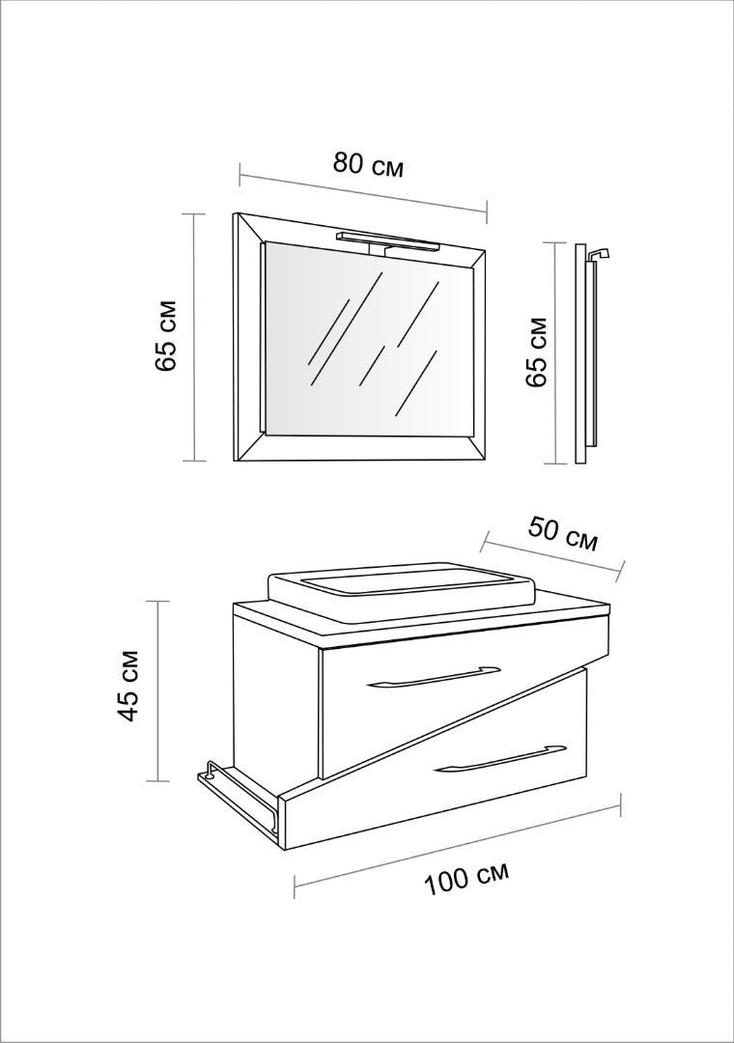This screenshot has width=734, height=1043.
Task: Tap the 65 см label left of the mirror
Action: pos(165,336)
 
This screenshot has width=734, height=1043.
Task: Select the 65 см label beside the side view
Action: pos(535,352)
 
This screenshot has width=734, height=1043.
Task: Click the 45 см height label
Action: pos(127,685)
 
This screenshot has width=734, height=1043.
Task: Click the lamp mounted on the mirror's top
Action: pos(389,242)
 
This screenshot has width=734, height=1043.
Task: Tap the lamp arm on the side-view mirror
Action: pos(599,253)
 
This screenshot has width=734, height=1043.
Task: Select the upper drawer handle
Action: pos(434,676)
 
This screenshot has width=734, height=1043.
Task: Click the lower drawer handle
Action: pos(499,758)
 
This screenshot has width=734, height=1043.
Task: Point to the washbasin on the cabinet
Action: pos(401,583)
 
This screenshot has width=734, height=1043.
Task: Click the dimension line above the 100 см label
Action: pos(458,845)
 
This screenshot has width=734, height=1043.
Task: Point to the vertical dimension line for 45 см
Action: pos(157,691)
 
